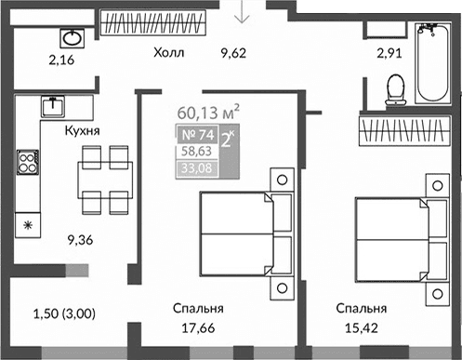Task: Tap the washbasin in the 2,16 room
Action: [72, 38]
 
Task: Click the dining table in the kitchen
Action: [104, 176]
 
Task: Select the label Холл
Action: [170, 53]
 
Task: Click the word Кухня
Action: [83, 132]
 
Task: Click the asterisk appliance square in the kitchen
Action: [27, 225]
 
